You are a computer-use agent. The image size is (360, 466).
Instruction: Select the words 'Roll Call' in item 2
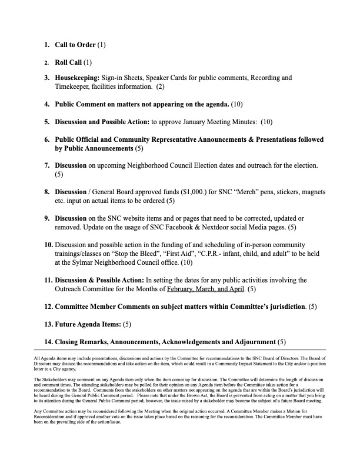pos(69,61)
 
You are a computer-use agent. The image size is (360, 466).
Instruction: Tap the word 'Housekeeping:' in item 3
pos(77,78)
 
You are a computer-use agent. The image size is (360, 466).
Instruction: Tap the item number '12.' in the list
pos(48,307)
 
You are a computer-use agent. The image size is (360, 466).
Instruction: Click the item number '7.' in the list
pos(48,166)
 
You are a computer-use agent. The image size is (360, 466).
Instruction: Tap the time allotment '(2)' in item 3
pos(160,87)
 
